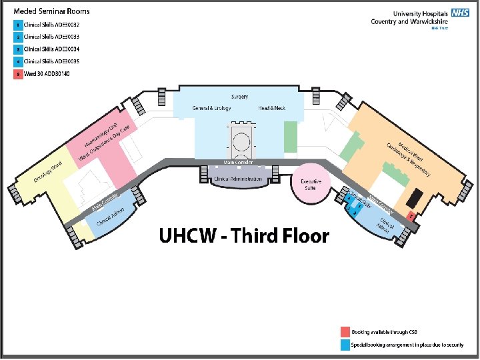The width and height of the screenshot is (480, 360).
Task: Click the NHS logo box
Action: click(460, 13)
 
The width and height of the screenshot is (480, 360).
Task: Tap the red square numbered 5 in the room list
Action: click(18, 73)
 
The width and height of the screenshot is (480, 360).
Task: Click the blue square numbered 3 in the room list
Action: click(18, 49)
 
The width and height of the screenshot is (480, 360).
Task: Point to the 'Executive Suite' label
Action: click(311, 184)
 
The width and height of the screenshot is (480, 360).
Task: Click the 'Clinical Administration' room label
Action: click(240, 179)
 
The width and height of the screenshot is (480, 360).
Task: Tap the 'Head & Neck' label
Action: click(272, 108)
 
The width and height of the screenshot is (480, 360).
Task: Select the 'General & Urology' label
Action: click(211, 108)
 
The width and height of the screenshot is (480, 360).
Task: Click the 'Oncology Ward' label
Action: click(48, 172)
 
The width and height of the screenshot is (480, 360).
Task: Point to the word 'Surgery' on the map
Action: click(240, 97)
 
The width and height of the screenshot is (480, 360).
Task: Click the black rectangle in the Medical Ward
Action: click(414, 197)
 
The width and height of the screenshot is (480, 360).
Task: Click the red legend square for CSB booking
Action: click(345, 331)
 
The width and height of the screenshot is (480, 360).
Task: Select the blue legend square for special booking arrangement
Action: click(345, 345)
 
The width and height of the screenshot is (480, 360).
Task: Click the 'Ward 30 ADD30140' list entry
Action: click(47, 73)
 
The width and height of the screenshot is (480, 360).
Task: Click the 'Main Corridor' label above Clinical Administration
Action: click(239, 163)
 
